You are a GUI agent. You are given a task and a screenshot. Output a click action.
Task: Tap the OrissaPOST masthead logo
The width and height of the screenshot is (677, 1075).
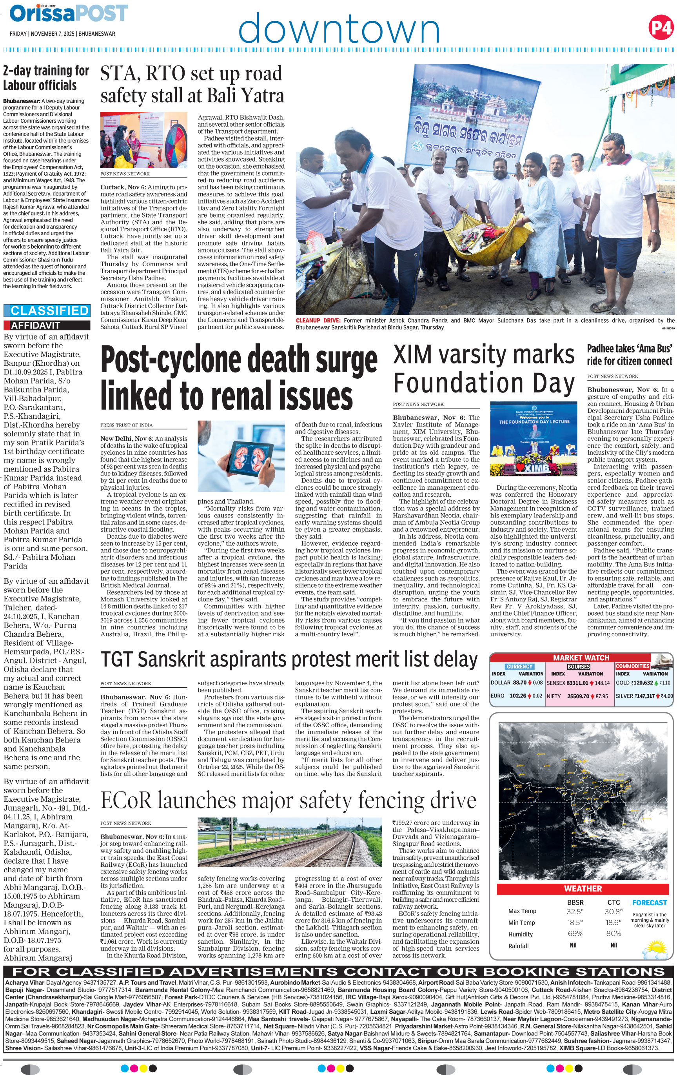pos(69,13)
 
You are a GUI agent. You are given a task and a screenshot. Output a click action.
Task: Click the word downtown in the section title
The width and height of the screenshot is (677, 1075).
pos(339,28)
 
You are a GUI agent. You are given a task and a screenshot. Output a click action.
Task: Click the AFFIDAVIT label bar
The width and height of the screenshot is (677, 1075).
pos(47,325)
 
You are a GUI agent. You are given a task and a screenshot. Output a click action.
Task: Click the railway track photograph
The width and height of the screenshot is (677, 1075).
pos(290,843)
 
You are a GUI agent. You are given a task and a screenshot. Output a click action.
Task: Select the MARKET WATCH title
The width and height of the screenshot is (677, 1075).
pos(581,657)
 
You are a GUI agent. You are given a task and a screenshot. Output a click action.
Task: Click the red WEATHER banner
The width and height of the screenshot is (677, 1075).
pos(583,888)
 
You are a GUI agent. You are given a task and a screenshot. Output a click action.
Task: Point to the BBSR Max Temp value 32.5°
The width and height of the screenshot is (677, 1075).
pos(575,912)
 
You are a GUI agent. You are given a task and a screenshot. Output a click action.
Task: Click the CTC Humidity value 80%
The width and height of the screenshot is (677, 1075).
pos(613,933)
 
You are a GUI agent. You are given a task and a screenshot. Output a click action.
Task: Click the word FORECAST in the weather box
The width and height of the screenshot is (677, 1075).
pos(649,902)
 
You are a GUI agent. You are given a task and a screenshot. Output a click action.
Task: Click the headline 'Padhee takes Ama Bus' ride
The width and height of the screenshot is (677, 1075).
pos(629,355)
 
